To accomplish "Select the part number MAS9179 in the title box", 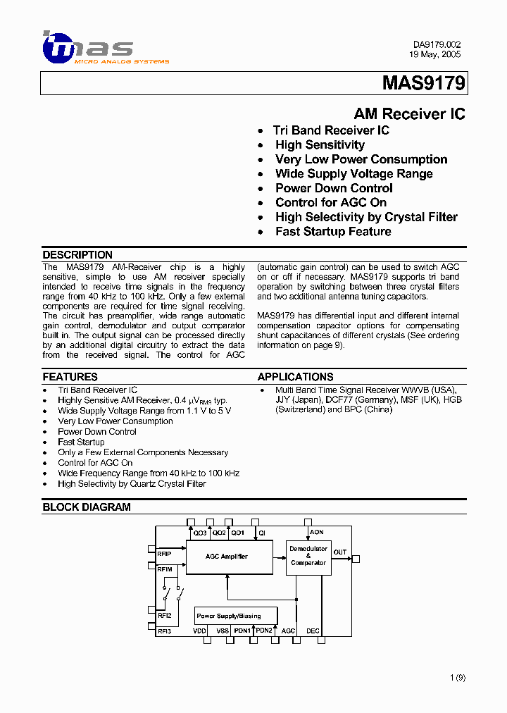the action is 423,84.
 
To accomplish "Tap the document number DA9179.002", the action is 437,44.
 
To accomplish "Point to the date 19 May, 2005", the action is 435,54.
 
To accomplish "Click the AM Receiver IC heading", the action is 409,114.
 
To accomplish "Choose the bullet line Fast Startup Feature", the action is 333,232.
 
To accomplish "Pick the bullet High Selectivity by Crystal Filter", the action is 366,217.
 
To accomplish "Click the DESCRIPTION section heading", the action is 77,255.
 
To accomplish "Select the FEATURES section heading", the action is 70,377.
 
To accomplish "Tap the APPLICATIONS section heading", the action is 295,377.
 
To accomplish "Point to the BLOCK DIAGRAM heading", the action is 87,507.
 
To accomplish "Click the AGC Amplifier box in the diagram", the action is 227,557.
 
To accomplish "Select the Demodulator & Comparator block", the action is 308,556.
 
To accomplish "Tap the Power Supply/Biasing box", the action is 228,616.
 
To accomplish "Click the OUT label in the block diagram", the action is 340,552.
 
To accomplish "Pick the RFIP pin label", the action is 165,553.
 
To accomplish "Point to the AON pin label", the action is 316,533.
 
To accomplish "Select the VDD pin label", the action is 199,631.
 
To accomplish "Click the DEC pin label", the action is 313,631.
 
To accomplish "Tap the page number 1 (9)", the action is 457,678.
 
